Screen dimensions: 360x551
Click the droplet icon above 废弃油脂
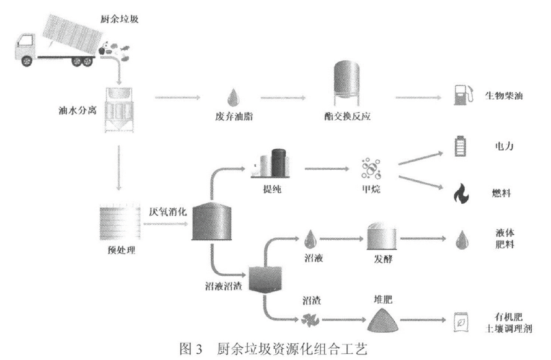click(x=234, y=97)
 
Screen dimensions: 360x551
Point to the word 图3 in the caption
click(x=191, y=349)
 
